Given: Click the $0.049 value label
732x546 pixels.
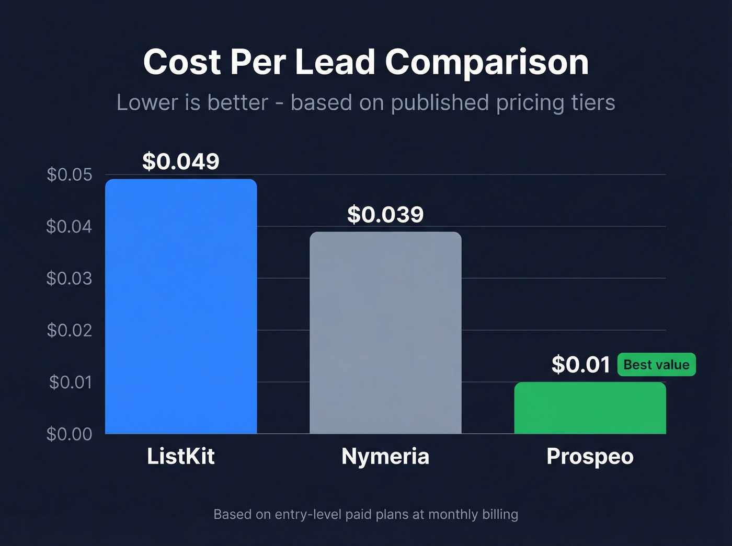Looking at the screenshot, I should (181, 161).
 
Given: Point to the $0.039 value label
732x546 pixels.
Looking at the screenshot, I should (385, 215).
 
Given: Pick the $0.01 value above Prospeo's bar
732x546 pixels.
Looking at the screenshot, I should (580, 365).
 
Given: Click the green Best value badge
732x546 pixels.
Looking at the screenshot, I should (656, 365).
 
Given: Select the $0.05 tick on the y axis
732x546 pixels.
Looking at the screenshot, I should (69, 175).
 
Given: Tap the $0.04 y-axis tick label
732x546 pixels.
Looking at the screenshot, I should (69, 226).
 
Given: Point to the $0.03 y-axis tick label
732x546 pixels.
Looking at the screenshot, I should (69, 278).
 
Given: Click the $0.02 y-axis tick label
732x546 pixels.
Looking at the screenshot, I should (69, 330).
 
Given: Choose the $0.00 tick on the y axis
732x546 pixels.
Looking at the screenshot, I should (69, 434).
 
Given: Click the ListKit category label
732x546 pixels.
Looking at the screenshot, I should (181, 457).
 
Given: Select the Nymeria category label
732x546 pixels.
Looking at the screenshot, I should (385, 457).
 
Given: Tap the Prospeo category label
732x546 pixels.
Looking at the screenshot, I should (590, 457).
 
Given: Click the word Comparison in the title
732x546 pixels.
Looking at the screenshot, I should (487, 63).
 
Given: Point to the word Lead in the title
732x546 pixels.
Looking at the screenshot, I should (335, 62).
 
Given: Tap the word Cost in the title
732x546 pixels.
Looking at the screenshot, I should (182, 62).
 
